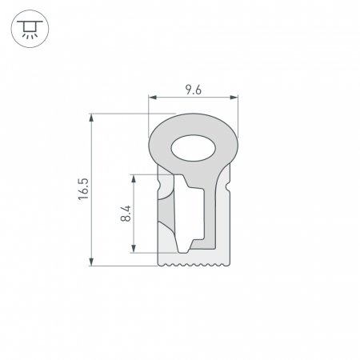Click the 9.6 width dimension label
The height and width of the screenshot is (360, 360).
[194, 90]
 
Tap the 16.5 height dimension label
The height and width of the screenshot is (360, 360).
[83, 189]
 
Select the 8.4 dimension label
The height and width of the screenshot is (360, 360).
[126, 214]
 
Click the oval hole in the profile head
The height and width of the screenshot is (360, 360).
[194, 148]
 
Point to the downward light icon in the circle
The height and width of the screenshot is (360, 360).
[30, 29]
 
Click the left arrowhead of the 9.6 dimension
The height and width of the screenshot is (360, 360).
[153, 98]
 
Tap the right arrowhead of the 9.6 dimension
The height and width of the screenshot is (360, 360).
[234, 98]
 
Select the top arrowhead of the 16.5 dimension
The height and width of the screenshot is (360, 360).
[91, 118]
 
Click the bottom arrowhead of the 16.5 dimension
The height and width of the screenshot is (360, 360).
[91, 262]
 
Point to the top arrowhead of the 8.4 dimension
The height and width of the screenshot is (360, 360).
[134, 178]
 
